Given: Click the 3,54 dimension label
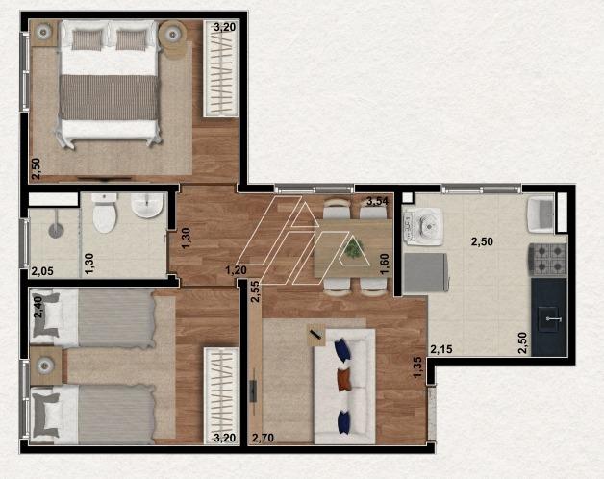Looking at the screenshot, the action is (377, 201).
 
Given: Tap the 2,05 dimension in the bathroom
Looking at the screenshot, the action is (42, 271).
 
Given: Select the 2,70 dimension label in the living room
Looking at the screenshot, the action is (263, 438).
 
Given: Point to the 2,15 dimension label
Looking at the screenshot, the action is (441, 349).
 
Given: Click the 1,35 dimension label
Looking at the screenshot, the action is (417, 367).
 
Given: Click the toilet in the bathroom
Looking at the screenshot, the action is (105, 214).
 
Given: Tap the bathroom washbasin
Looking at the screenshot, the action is (147, 206).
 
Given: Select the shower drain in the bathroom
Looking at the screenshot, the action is (56, 231).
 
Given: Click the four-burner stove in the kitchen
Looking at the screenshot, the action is (547, 260).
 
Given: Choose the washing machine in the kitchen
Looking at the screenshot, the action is (422, 227).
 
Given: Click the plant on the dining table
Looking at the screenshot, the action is (353, 247).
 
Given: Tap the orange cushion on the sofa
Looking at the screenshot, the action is (344, 380).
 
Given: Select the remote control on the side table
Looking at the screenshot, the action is (315, 334).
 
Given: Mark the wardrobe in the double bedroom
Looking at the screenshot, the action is (220, 68).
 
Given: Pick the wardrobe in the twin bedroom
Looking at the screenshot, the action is (221, 396).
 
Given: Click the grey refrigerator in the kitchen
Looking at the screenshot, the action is (425, 273).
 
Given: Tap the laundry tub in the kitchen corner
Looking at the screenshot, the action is (541, 214).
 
